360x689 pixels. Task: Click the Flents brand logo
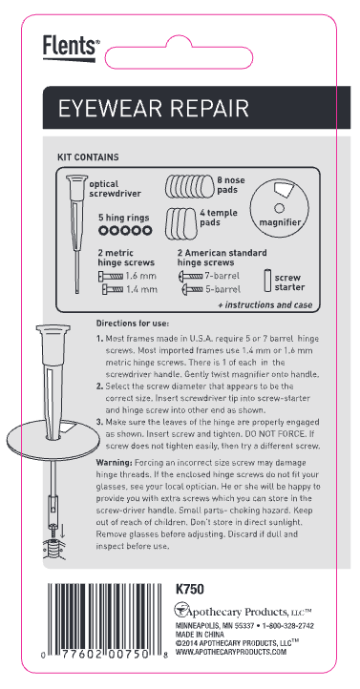[x=72, y=48]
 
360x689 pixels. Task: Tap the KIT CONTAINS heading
[x=88, y=157]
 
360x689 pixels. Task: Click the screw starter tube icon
[x=266, y=281]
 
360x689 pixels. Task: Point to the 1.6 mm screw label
[x=140, y=277]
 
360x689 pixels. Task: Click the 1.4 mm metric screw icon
[x=113, y=289]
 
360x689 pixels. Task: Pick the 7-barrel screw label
[x=222, y=277]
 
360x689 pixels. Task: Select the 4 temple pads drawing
[x=181, y=222]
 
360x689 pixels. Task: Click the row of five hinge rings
[x=125, y=230]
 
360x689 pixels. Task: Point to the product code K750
[x=189, y=589]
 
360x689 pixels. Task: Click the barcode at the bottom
[x=105, y=621]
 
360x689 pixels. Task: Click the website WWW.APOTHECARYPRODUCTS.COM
[x=231, y=653]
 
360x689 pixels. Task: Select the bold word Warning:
[x=114, y=463]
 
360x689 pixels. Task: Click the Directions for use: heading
[x=133, y=324]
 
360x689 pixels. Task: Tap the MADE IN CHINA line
[x=200, y=635]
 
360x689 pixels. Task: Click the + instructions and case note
[x=265, y=305]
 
